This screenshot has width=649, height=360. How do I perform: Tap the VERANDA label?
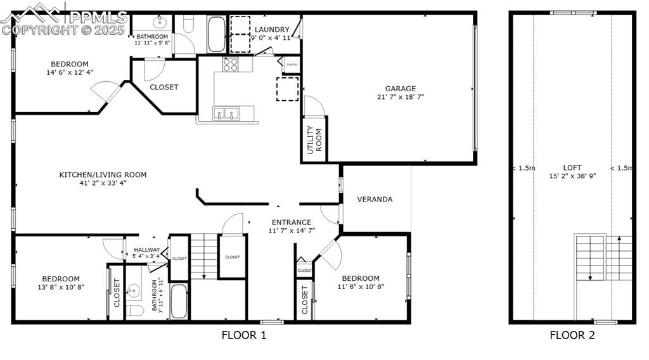tap(375, 199)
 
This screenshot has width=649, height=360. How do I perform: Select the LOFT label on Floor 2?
tap(572, 168)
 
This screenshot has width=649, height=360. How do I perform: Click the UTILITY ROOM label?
tap(314, 141)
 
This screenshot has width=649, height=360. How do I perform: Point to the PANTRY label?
tap(292, 65)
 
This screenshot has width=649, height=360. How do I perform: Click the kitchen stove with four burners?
tap(230, 64)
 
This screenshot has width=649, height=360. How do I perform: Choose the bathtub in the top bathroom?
tap(215, 34)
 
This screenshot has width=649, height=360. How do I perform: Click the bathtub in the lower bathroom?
tap(179, 301)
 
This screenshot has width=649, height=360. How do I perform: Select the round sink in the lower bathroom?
tap(132, 291)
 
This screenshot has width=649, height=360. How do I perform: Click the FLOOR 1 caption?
tap(244, 335)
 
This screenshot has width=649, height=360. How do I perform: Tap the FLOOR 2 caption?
tap(572, 335)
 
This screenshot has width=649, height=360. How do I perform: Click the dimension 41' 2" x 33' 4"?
tap(103, 184)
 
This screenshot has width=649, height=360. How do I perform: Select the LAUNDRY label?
tap(272, 30)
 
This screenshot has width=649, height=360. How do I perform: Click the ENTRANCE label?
tap(291, 222)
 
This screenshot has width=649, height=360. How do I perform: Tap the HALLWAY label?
tap(146, 250)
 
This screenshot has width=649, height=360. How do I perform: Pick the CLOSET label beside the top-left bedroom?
tap(164, 87)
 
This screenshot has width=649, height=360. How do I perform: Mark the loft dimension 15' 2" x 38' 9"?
tap(572, 177)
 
